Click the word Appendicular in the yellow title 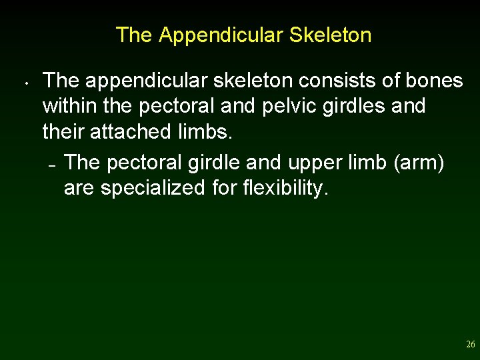pyautogui.click(x=221, y=35)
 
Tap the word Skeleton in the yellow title pyautogui.click(x=330, y=35)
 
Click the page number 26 pyautogui.click(x=470, y=345)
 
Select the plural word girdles pyautogui.click(x=355, y=106)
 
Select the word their pyautogui.click(x=62, y=131)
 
